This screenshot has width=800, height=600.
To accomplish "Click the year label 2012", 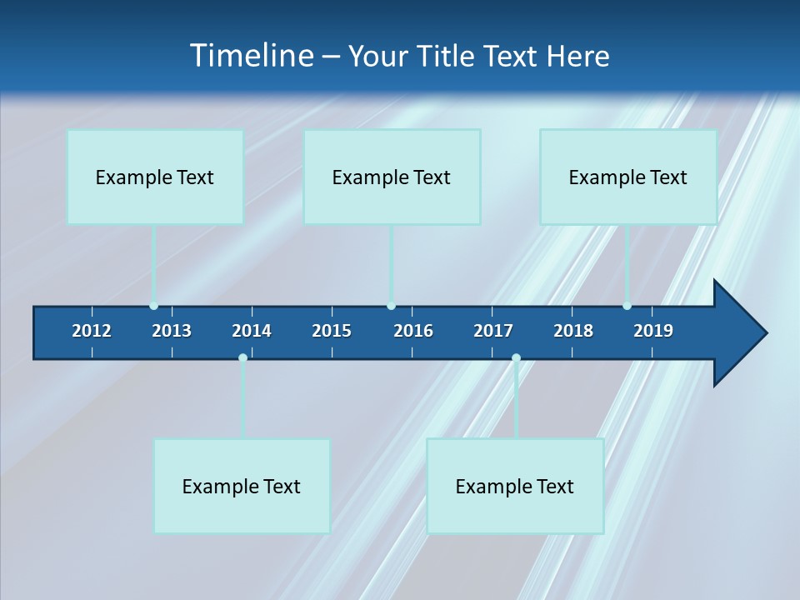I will pyautogui.click(x=92, y=331).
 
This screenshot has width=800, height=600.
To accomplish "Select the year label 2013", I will pyautogui.click(x=172, y=331).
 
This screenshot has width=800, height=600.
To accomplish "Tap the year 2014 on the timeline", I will pyautogui.click(x=252, y=331).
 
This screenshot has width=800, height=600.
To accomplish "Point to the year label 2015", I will pyautogui.click(x=332, y=331).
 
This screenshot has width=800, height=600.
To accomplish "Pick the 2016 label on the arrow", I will pyautogui.click(x=413, y=331).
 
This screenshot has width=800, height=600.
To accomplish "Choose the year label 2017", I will pyautogui.click(x=493, y=331).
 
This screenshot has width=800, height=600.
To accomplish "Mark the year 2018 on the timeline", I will pyautogui.click(x=573, y=331).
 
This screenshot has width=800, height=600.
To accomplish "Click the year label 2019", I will pyautogui.click(x=653, y=331).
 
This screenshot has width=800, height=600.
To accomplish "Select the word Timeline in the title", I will pyautogui.click(x=250, y=56).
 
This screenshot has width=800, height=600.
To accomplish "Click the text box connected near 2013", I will pyautogui.click(x=155, y=177).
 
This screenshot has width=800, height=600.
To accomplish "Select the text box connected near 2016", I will pyautogui.click(x=392, y=177).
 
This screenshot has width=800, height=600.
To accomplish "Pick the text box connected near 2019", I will pyautogui.click(x=628, y=177).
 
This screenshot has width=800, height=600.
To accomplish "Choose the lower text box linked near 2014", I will pyautogui.click(x=242, y=486).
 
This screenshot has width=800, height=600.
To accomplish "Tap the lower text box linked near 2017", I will pyautogui.click(x=515, y=486).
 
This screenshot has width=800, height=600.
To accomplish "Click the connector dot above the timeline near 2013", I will pyautogui.click(x=153, y=306).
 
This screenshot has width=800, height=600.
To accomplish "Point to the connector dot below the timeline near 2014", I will pyautogui.click(x=242, y=357).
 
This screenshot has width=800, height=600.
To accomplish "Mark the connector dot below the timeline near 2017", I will pyautogui.click(x=516, y=357).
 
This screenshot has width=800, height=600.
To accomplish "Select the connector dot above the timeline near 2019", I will pyautogui.click(x=627, y=306).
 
